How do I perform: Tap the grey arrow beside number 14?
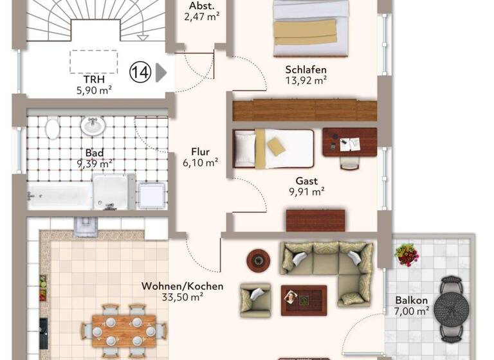[161, 73]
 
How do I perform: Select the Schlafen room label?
[306, 69]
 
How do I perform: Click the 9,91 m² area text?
[306, 191]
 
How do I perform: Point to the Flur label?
[200, 152]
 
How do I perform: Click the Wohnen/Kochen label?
[182, 285]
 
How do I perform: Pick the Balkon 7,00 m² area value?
[412, 311]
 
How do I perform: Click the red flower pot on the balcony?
[407, 254]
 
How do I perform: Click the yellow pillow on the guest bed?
[277, 146]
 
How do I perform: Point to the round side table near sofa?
[259, 259]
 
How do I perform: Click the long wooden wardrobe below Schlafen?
[304, 110]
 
